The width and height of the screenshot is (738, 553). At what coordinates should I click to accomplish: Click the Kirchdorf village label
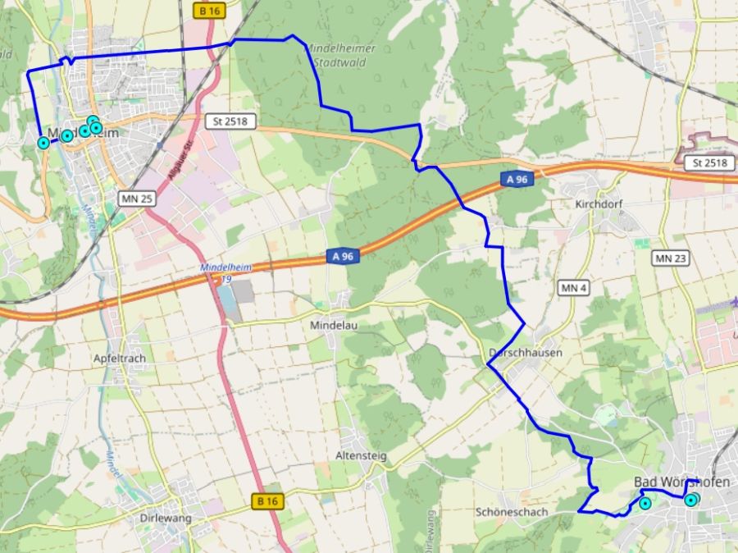(x=601, y=203)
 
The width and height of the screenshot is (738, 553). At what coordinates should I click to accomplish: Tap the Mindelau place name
(x=334, y=325)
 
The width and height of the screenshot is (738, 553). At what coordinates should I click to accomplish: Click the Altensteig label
(x=361, y=455)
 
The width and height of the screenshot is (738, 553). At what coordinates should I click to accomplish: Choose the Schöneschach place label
(x=511, y=511)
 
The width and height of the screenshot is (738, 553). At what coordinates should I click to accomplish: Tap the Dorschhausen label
(x=525, y=353)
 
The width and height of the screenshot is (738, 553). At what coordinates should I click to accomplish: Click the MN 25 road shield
(x=137, y=199)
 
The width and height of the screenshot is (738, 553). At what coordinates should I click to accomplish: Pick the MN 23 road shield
(x=671, y=258)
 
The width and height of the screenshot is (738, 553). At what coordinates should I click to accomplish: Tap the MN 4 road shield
(x=574, y=288)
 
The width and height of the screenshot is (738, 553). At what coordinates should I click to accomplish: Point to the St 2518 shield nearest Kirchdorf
(x=709, y=162)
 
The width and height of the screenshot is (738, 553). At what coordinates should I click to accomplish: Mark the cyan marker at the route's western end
(x=43, y=143)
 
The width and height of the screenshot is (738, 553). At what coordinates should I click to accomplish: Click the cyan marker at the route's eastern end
(x=691, y=500)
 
